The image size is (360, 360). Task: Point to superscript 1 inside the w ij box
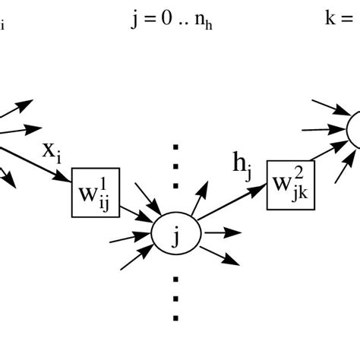click(x=106, y=182)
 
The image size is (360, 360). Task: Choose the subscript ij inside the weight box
click(x=104, y=202)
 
